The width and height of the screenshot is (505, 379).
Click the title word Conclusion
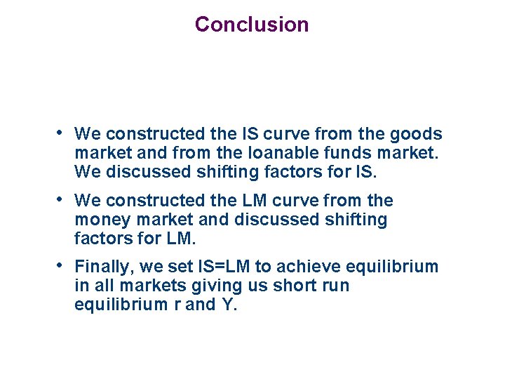252,25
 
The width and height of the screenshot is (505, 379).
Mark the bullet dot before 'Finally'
62,265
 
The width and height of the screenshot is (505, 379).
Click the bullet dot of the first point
62,132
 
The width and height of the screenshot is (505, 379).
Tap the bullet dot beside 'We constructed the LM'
62,199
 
